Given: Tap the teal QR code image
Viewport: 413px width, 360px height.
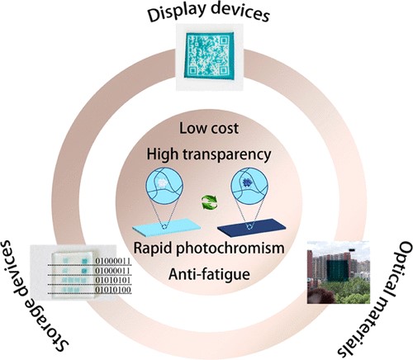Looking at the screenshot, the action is pyautogui.click(x=210, y=56).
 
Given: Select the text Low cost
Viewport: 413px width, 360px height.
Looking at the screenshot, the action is pyautogui.click(x=209, y=128).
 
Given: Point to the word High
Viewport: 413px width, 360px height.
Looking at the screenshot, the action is pyautogui.click(x=162, y=154).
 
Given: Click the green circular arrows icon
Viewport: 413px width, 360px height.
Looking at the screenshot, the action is pyautogui.click(x=209, y=202).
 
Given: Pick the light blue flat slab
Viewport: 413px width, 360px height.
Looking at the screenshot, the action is pyautogui.click(x=167, y=227).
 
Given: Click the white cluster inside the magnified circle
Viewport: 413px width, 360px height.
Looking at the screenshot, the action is pyautogui.click(x=163, y=183).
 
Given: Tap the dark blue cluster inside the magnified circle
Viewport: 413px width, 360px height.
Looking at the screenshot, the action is pyautogui.click(x=248, y=182).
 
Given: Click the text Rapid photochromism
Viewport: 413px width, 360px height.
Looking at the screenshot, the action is pyautogui.click(x=209, y=249).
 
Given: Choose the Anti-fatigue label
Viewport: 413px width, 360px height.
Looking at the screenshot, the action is pyautogui.click(x=209, y=274).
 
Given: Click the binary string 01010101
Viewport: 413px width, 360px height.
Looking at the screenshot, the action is pyautogui.click(x=112, y=280).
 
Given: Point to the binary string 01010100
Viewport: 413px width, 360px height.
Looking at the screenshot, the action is pyautogui.click(x=112, y=290).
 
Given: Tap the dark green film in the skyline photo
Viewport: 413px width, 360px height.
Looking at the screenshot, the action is pyautogui.click(x=338, y=271).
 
